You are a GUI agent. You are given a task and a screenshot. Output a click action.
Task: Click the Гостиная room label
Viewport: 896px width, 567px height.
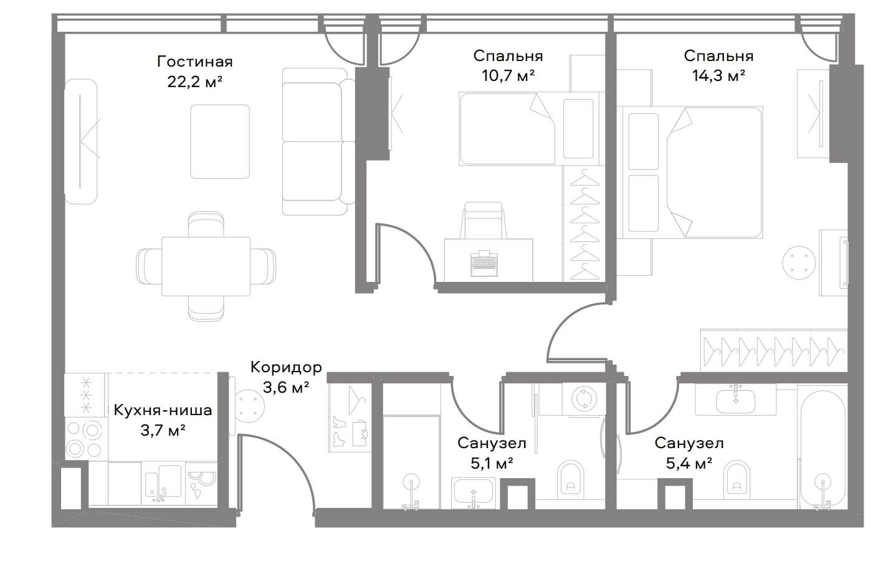click(x=195, y=62)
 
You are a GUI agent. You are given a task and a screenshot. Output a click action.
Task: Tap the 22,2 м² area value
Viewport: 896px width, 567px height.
click(x=195, y=82)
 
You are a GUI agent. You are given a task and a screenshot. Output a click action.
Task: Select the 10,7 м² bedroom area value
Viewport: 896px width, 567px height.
click(x=508, y=75)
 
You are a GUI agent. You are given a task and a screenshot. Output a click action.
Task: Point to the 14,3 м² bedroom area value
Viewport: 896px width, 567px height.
click(x=718, y=75)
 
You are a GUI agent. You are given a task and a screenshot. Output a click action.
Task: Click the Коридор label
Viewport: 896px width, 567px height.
click(x=286, y=367)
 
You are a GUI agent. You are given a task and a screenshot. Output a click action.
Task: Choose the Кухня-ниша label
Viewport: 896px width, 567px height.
click(x=163, y=410)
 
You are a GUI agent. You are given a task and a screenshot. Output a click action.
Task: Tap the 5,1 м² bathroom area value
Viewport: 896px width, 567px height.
click(x=492, y=464)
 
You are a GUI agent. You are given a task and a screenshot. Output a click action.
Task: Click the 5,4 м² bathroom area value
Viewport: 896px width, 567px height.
click(x=689, y=464)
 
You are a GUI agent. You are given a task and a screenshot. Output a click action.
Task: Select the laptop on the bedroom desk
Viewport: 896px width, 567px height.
click(x=484, y=263)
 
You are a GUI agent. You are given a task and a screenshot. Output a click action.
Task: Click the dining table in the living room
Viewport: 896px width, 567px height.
click(x=206, y=266)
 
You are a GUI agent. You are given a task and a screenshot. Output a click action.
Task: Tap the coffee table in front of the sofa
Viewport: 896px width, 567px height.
click(x=220, y=141)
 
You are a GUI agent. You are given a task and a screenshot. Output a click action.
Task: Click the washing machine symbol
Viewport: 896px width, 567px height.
click(x=584, y=399)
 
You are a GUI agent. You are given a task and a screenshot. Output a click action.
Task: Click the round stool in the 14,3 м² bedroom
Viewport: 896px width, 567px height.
click(x=799, y=263)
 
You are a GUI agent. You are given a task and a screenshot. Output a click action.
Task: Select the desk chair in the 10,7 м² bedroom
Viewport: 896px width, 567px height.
click(x=483, y=220)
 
